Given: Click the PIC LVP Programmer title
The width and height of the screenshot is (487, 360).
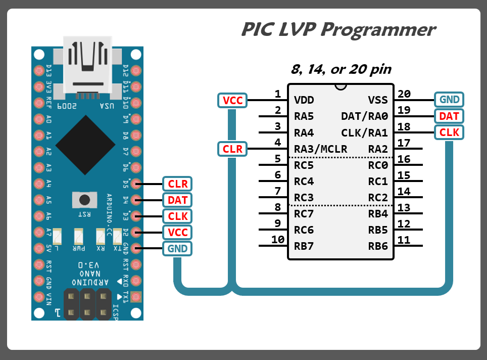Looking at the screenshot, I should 338,29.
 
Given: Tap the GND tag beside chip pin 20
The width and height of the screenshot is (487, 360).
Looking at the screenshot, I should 449,100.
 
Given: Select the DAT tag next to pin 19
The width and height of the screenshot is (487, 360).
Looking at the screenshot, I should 449,116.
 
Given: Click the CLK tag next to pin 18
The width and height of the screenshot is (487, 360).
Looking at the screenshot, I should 449,132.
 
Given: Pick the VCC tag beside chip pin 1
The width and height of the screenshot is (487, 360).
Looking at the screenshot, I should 233,101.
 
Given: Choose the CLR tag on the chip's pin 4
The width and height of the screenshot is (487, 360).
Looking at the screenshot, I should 233,149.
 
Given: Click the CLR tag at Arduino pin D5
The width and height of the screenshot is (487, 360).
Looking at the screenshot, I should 178,184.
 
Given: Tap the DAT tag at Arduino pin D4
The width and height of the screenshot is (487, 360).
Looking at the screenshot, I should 178,200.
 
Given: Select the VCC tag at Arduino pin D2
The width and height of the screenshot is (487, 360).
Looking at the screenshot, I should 178,232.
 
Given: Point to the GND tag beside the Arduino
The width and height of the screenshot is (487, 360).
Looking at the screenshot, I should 178,248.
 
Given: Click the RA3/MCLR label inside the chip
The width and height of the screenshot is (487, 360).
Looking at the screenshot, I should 320,149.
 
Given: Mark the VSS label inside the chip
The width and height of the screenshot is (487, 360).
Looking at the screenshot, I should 377,100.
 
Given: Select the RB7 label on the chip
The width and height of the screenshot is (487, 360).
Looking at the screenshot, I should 304,246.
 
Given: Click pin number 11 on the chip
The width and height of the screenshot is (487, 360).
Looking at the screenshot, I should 404,240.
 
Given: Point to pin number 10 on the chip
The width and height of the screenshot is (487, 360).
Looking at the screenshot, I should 278,240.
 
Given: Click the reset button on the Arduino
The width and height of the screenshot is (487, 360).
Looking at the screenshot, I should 84,199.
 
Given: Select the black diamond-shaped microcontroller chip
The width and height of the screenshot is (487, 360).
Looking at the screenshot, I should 85,145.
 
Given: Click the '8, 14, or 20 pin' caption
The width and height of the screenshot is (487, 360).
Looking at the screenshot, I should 341,69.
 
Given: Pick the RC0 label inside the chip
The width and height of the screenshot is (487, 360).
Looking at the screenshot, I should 377,165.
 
